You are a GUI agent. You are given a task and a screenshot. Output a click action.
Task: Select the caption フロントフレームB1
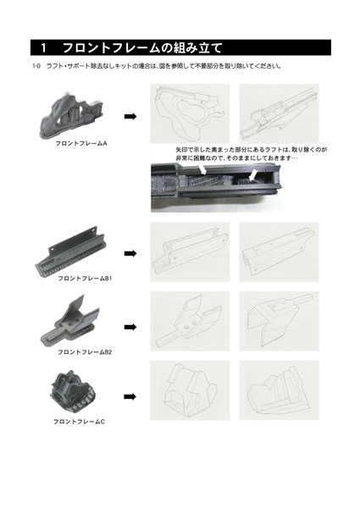[85, 277]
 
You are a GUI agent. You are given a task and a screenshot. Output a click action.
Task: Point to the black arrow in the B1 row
[130, 252]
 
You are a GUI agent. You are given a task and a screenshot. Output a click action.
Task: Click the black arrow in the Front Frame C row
[130, 395]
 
